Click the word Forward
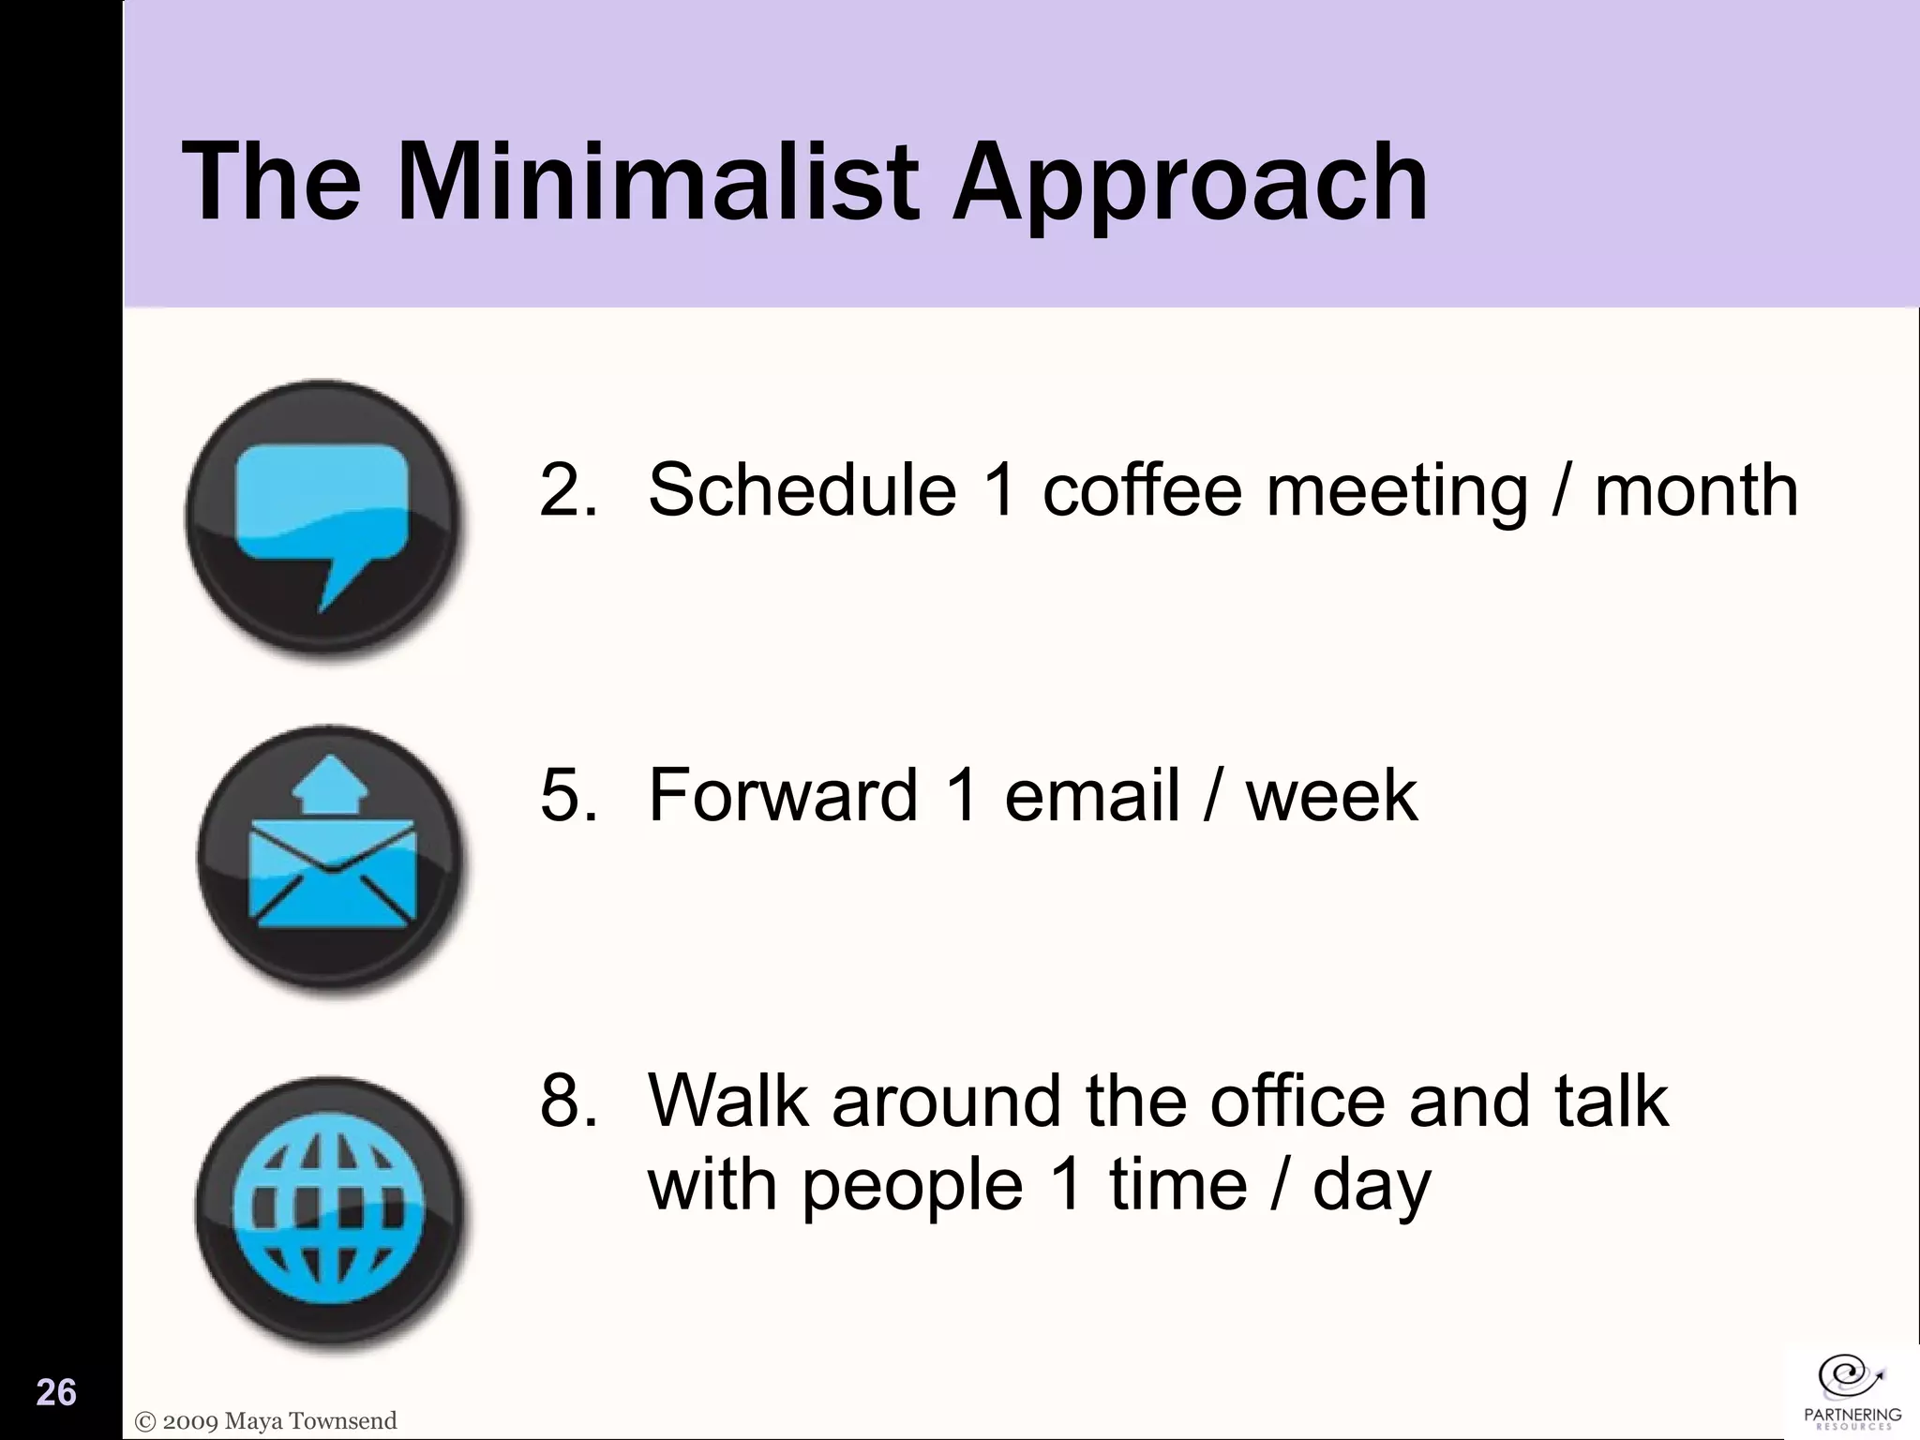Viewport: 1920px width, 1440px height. pos(782,795)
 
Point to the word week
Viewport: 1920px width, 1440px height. pos(1330,795)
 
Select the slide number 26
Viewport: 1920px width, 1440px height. pos(56,1392)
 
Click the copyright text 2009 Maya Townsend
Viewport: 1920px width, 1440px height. pos(267,1420)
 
